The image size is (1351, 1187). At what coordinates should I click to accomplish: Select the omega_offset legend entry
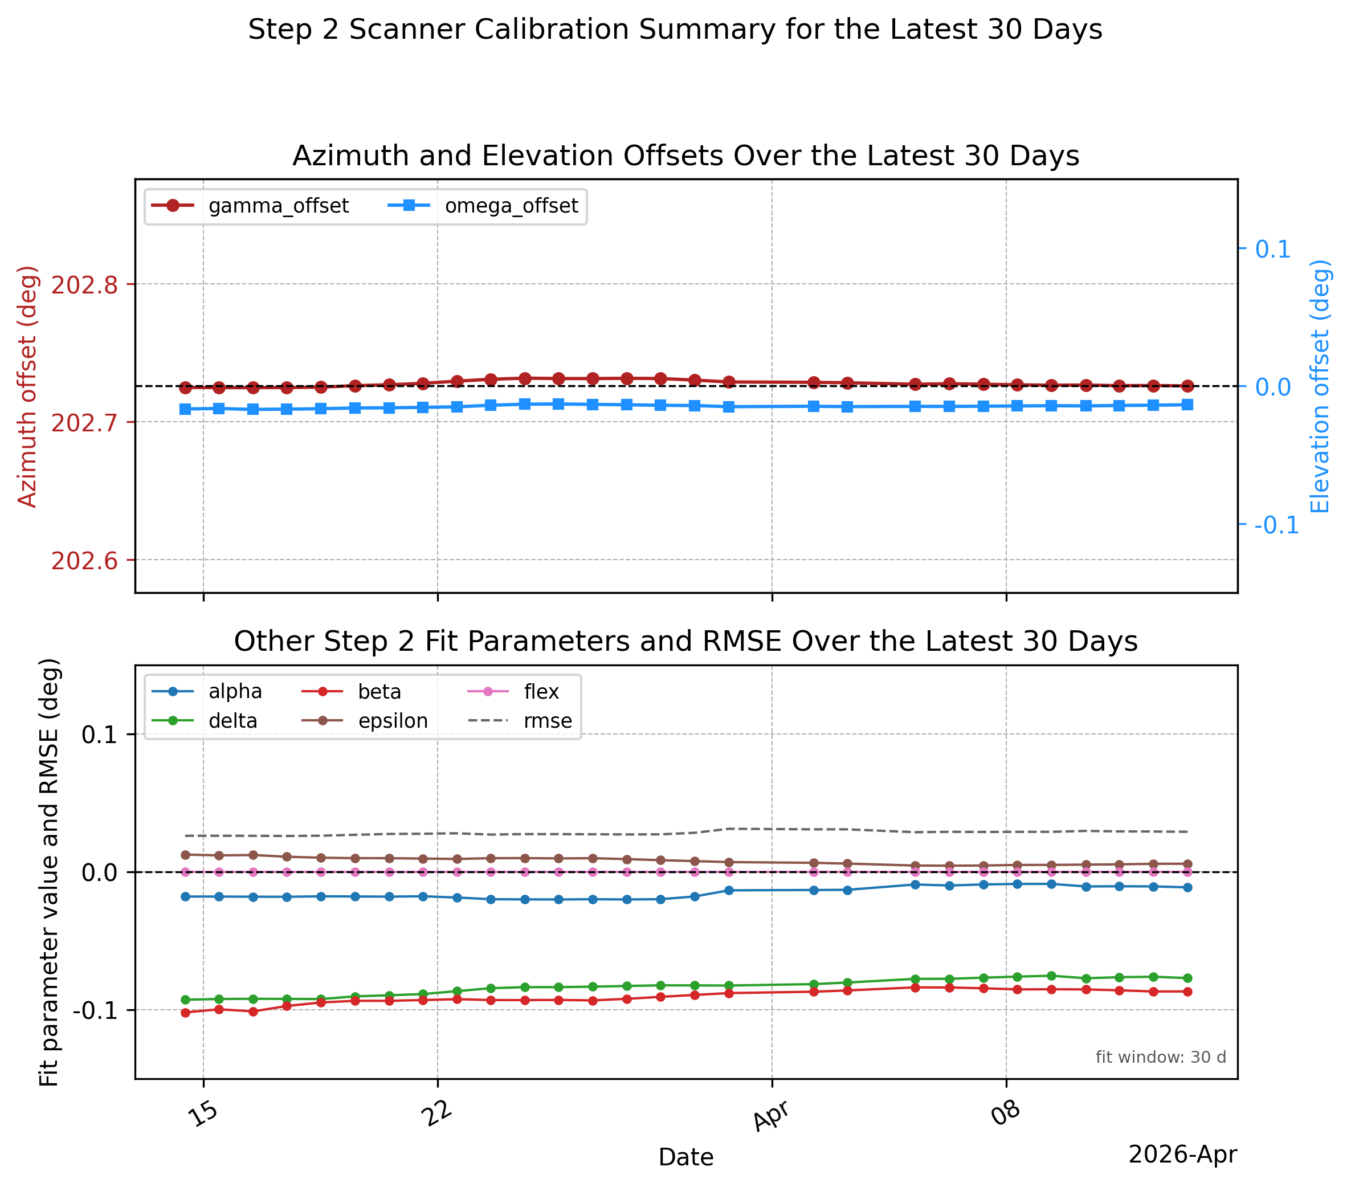[x=483, y=206]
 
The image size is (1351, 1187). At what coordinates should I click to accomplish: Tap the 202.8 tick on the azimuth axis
[x=84, y=285]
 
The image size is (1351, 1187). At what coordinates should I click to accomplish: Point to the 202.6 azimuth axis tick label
[x=84, y=561]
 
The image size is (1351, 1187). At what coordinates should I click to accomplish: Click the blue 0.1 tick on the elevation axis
[x=1272, y=249]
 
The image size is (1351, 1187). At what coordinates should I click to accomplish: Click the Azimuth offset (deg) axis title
[x=27, y=386]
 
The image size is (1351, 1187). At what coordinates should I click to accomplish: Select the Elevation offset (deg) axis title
[x=1320, y=386]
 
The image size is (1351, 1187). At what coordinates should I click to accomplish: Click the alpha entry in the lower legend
[x=207, y=691]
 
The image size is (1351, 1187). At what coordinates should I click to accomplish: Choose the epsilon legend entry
[x=365, y=720]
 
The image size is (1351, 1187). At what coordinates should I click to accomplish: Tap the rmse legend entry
[x=520, y=720]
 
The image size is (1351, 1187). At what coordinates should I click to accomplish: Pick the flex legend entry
[x=513, y=691]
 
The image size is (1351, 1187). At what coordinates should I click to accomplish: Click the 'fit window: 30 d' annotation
[x=1161, y=1057]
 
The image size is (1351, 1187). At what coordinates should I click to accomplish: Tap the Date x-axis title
[x=686, y=1157]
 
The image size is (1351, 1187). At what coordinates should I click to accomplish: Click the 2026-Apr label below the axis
[x=1182, y=1155]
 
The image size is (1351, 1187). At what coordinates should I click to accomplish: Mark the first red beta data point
[x=185, y=1013]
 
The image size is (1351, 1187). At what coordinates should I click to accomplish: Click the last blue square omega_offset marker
[x=1187, y=405]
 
